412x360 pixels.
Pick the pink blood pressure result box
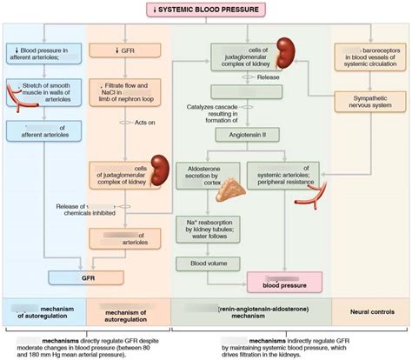tap(283, 281)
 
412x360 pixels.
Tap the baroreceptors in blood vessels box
tap(369, 57)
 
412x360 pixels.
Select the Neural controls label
tap(369, 310)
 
